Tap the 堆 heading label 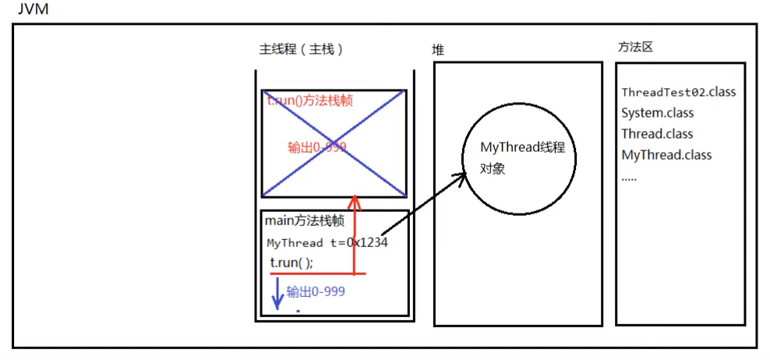[439, 50]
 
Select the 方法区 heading [634, 47]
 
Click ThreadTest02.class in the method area [678, 92]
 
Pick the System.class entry [657, 113]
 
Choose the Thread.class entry [657, 134]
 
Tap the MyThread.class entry [666, 155]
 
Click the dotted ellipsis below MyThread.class [629, 177]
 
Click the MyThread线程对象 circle [518, 158]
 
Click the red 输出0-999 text [316, 147]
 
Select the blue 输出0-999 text [316, 291]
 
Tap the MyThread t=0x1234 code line [327, 242]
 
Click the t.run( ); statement [291, 263]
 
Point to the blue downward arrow [276, 295]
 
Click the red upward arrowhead [355, 201]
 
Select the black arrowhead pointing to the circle [460, 178]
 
